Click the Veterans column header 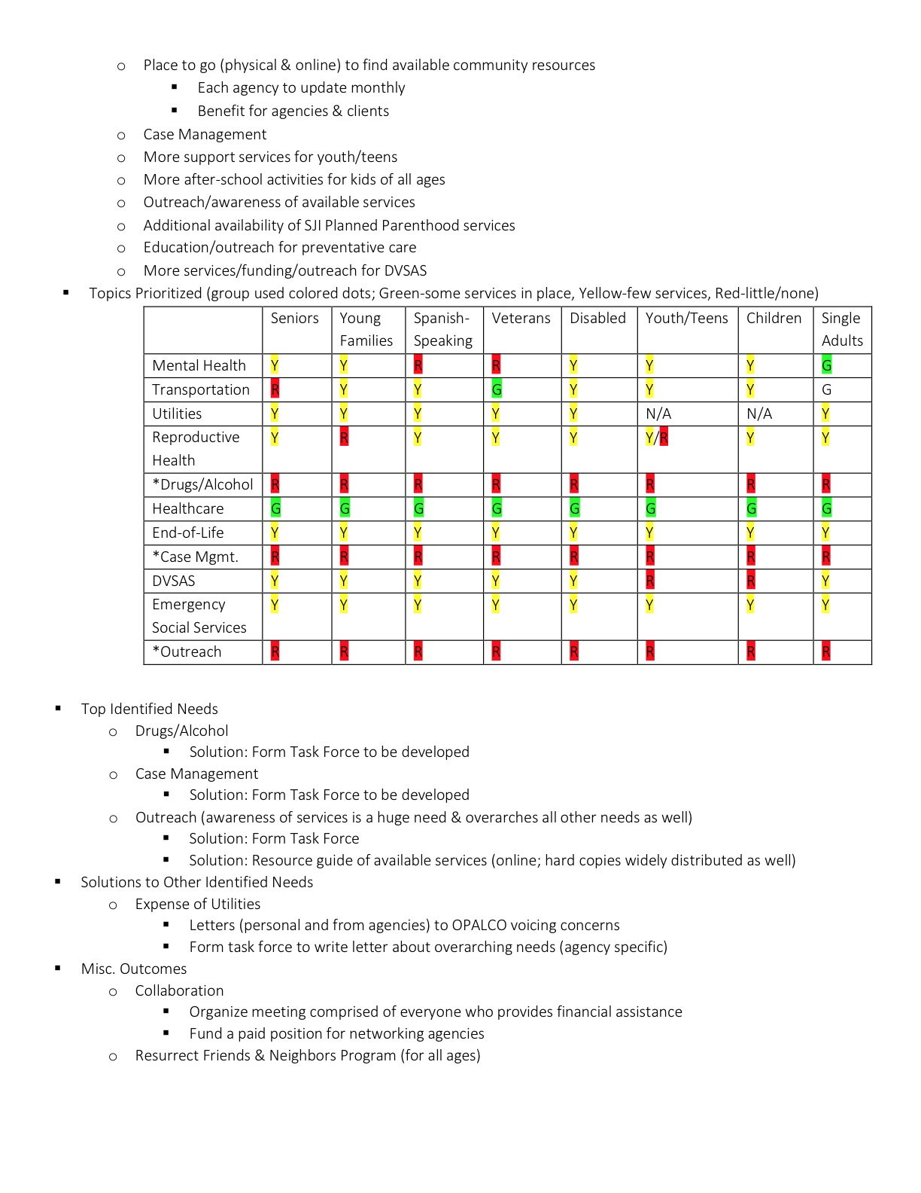[521, 319]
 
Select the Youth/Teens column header [686, 319]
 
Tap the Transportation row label [200, 389]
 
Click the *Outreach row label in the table [187, 651]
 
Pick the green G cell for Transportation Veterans [497, 389]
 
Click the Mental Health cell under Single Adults [826, 365]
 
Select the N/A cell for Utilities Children [758, 413]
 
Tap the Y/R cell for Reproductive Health [656, 438]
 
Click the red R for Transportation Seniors [275, 389]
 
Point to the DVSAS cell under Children [750, 581]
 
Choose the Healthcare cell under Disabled [574, 508]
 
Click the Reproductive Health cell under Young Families [344, 438]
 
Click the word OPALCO [482, 925]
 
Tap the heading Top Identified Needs [149, 709]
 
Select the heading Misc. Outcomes [133, 969]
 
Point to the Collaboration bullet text [179, 990]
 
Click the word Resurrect [165, 1055]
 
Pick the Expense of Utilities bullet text [197, 904]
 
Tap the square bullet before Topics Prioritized [66, 292]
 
